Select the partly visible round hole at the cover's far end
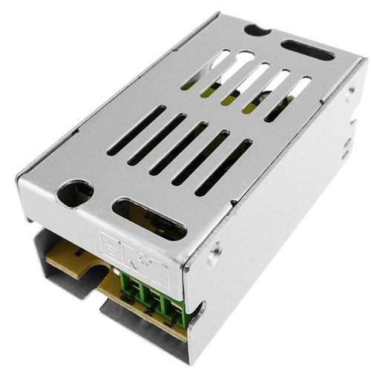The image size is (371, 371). click(x=257, y=30)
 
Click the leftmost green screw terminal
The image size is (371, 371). click(x=126, y=285)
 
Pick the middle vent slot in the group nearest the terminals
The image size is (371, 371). click(x=179, y=148)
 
